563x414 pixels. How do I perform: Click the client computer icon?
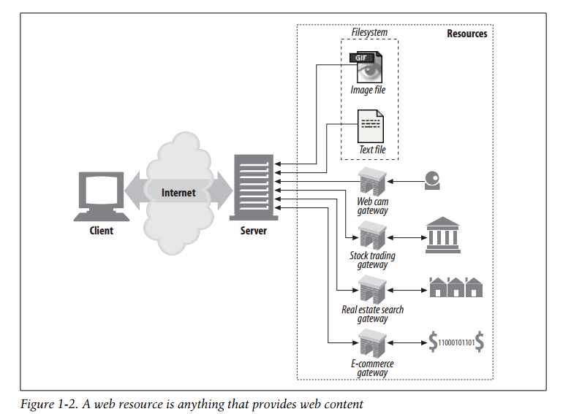pos(101,193)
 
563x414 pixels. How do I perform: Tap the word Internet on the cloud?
pos(178,193)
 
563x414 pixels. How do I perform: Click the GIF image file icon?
pos(368,67)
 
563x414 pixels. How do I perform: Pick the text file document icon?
pos(371,126)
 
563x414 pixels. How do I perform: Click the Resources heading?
pos(466,34)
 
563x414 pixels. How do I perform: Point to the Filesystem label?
pos(369,33)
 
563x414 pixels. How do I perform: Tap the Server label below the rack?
pos(254,231)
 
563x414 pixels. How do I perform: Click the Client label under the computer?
pos(101,231)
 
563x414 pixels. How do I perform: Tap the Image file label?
pos(368,91)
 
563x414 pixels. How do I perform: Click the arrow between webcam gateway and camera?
pos(406,181)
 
